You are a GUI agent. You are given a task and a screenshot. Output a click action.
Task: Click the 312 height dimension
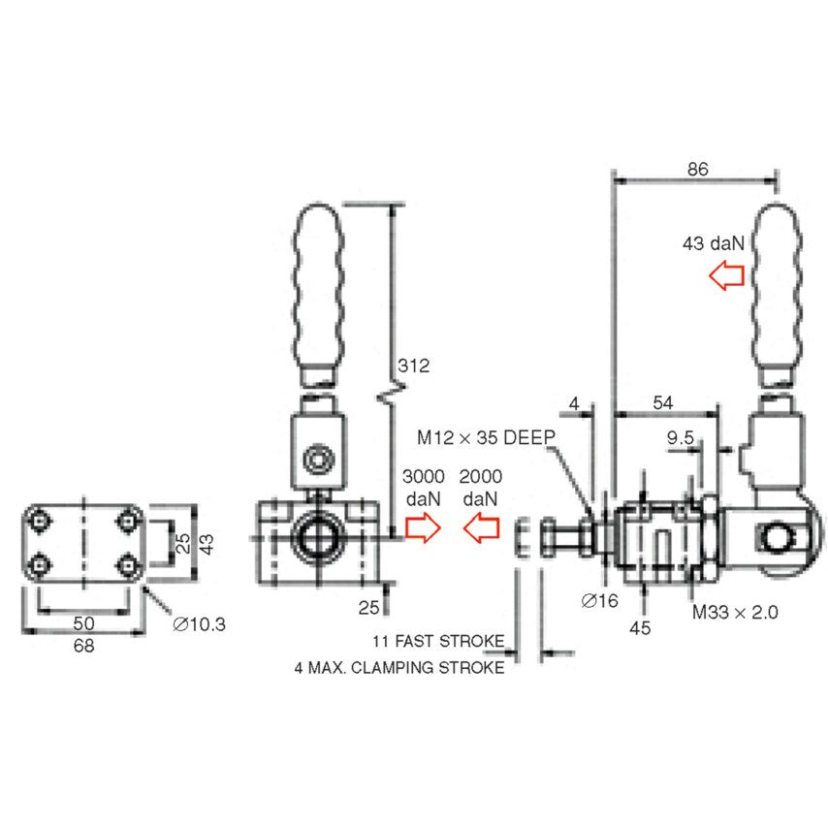coord(413,366)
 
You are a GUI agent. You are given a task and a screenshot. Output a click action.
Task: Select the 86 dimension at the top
coord(697,168)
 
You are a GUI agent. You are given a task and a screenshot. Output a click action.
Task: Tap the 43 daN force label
coord(713,244)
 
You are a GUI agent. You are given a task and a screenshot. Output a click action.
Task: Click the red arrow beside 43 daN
coord(725,277)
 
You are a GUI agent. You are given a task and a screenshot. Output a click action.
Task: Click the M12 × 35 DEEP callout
coord(486,437)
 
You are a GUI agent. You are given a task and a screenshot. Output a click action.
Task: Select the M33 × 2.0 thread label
coord(734,612)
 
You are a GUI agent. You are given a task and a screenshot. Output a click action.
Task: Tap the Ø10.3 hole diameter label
coord(199,624)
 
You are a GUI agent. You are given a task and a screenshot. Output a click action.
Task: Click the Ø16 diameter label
coord(599,601)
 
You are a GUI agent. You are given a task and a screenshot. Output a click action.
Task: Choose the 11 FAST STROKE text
coord(438,642)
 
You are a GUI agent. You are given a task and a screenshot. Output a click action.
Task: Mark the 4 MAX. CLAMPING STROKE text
coord(399,668)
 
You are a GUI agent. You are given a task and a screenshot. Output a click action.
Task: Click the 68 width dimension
coord(84,646)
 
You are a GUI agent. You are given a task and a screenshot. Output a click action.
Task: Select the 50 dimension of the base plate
coord(83,621)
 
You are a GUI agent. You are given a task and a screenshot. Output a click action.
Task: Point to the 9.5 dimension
coord(681,438)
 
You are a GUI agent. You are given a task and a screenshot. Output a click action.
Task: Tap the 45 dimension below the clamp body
coord(640,627)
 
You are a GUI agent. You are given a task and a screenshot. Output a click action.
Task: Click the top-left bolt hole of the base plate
coord(39,521)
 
